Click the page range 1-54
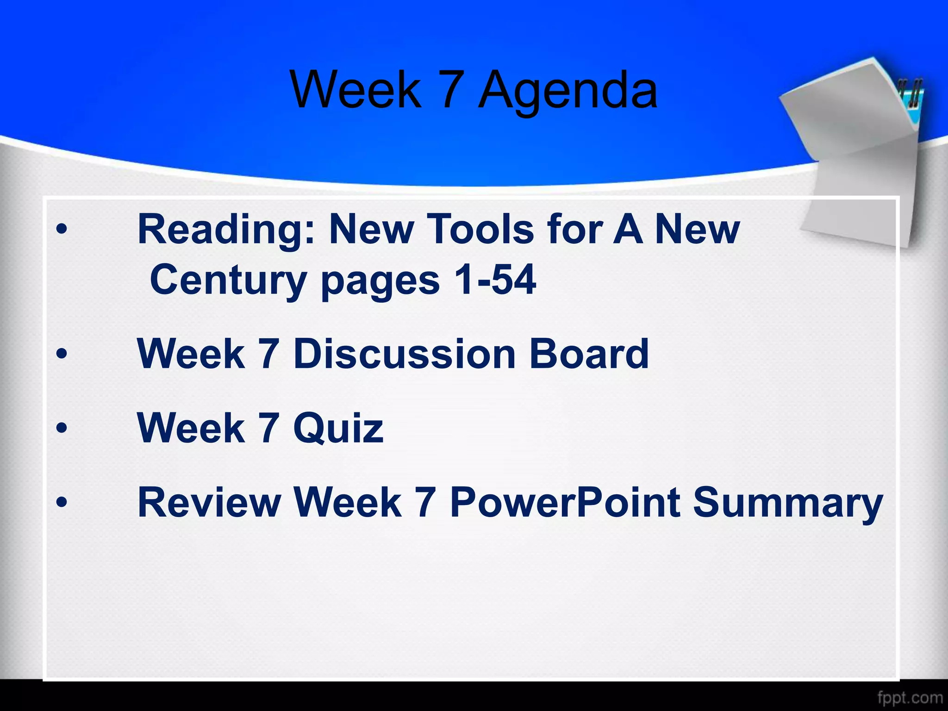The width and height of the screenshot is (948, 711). coord(495,280)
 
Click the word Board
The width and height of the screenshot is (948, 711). coord(589,354)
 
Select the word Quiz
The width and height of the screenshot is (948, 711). coord(338,429)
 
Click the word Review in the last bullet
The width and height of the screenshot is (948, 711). coord(209,503)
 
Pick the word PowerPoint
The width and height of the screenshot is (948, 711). coord(565,503)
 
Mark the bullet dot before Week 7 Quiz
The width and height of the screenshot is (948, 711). coord(62,429)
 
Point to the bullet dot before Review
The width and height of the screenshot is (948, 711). coord(62,502)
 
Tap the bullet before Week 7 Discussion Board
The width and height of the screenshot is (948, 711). coord(62,355)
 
